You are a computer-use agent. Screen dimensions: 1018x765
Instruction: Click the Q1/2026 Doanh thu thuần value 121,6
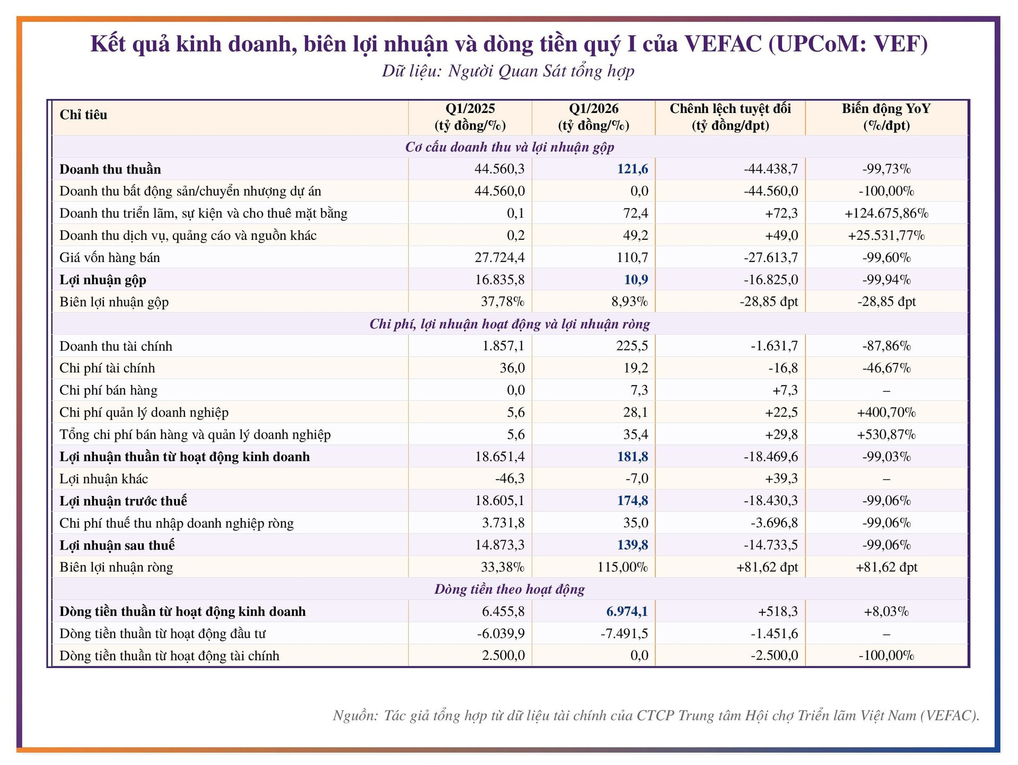tap(632, 169)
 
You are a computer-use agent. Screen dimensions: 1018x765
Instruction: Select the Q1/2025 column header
tap(470, 117)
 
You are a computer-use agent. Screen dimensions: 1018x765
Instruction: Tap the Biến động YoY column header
tap(886, 117)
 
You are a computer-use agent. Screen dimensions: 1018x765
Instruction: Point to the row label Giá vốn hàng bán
tap(110, 258)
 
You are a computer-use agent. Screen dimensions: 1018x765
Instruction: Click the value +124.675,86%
tap(886, 213)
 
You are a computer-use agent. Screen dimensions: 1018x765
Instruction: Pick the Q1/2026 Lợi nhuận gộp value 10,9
tap(636, 280)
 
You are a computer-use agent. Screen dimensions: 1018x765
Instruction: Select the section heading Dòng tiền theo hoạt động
tap(510, 589)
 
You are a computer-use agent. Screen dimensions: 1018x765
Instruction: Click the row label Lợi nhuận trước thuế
tap(123, 501)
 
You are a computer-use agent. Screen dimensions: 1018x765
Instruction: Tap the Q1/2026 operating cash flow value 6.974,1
tap(627, 612)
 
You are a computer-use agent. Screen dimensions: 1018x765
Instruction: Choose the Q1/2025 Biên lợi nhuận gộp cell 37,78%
tap(503, 302)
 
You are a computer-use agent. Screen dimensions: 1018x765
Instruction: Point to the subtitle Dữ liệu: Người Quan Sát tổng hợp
tap(508, 71)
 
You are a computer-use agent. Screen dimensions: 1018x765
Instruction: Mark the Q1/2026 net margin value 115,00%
tap(622, 567)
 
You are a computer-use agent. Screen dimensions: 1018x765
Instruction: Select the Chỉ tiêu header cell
tap(83, 115)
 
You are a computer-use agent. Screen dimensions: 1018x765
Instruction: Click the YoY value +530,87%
tap(886, 434)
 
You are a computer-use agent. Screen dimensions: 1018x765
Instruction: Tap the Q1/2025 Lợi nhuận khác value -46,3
tap(510, 479)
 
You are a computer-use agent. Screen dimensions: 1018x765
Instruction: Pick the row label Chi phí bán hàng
tap(109, 390)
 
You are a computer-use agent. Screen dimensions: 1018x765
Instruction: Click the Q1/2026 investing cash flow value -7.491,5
tap(624, 634)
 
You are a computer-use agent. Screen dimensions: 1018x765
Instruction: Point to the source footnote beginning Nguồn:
tap(656, 716)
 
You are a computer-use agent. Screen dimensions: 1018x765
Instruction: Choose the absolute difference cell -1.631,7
tap(774, 346)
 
